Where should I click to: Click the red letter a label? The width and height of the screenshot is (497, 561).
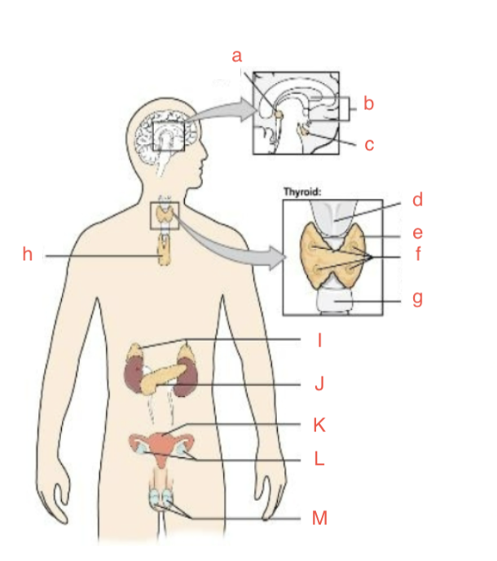pos(237,56)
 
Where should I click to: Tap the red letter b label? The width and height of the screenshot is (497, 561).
pos(368,104)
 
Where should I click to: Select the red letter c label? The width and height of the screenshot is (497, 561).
pos(369,145)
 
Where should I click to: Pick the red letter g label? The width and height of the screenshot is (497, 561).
pos(417,298)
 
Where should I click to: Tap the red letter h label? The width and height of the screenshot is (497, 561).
pos(27,255)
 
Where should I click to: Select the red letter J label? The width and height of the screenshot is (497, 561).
pos(319,384)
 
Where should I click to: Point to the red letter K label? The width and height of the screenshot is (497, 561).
pos(319,424)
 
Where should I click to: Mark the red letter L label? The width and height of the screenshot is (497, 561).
pos(319,459)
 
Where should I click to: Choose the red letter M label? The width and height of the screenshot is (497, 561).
pos(319,518)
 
